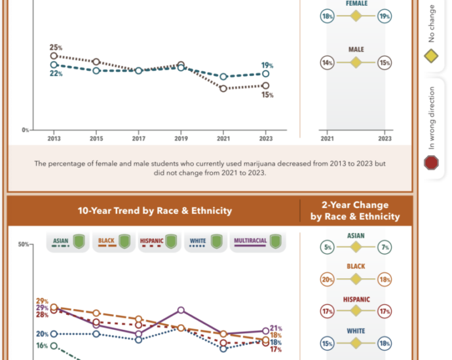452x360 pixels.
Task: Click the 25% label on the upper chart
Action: pyautogui.click(x=56, y=47)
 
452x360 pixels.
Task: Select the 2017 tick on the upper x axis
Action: pyautogui.click(x=139, y=139)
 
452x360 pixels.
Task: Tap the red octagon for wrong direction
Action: pyautogui.click(x=431, y=163)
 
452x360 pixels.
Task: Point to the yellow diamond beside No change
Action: pyautogui.click(x=431, y=56)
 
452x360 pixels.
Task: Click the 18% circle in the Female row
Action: pyautogui.click(x=327, y=16)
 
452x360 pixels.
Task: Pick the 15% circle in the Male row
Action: pyautogui.click(x=385, y=62)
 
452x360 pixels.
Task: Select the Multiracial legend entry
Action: pyautogui.click(x=257, y=242)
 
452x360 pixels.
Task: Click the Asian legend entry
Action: pyautogui.click(x=68, y=242)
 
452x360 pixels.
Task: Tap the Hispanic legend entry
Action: pyautogui.click(x=159, y=242)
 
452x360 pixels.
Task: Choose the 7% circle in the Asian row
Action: pyautogui.click(x=385, y=247)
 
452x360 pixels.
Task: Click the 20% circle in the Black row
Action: pyautogui.click(x=327, y=279)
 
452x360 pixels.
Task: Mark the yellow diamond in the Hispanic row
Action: pyautogui.click(x=356, y=311)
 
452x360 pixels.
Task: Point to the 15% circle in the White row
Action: pyautogui.click(x=327, y=343)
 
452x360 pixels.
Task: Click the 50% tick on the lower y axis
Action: pyautogui.click(x=24, y=245)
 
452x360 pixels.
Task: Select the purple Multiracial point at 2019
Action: pyautogui.click(x=181, y=310)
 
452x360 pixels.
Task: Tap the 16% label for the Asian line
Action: pyautogui.click(x=42, y=346)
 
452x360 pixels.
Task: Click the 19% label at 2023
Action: pyautogui.click(x=267, y=65)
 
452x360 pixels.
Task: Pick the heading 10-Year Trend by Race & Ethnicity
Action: pyautogui.click(x=155, y=211)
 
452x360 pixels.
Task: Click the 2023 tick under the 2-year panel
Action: pyautogui.click(x=385, y=139)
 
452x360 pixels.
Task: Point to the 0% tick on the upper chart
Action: pyautogui.click(x=25, y=130)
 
